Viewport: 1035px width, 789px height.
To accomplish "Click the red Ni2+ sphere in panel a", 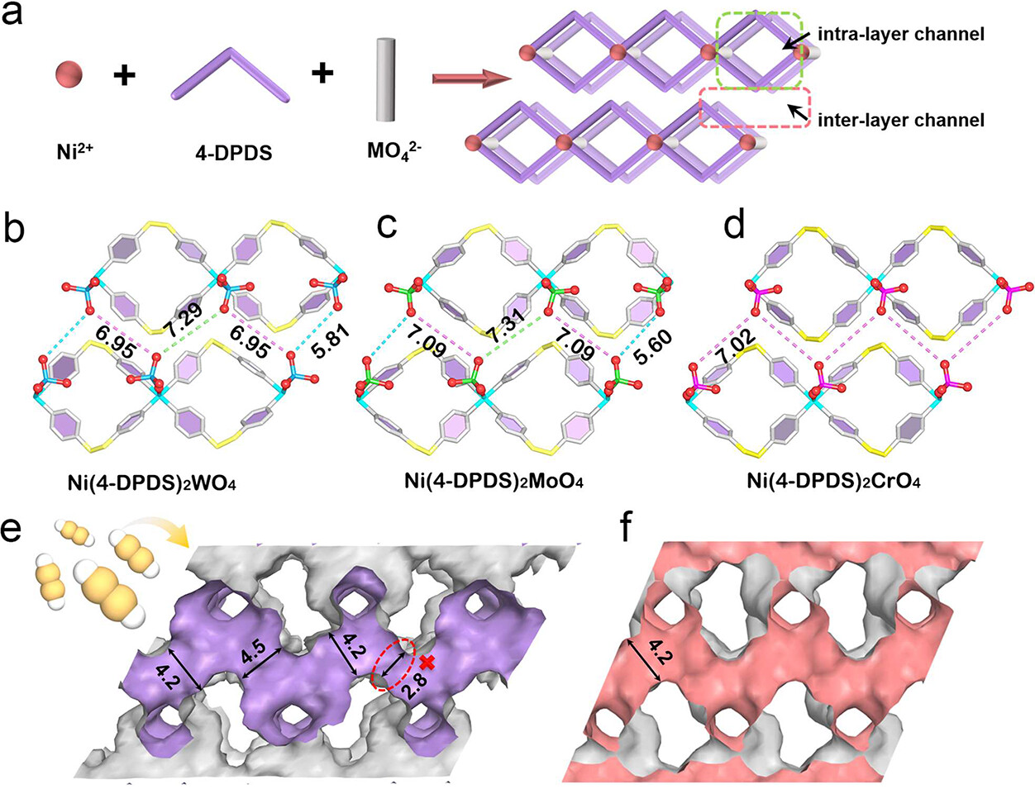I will pyautogui.click(x=69, y=74).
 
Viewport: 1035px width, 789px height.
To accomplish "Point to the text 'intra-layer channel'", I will pyautogui.click(x=901, y=35).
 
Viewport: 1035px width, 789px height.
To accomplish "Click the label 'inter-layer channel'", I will pyautogui.click(x=901, y=121).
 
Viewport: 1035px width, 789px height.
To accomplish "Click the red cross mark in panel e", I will pyautogui.click(x=427, y=662).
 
